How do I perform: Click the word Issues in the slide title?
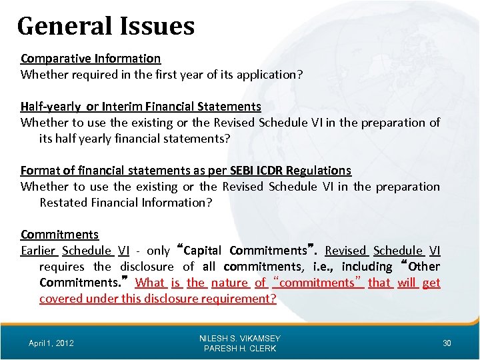point(158,26)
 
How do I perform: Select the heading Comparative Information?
point(91,59)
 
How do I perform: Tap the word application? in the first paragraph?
point(269,75)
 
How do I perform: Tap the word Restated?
point(65,203)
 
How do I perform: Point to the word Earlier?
point(38,251)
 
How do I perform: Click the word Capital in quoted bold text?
point(203,251)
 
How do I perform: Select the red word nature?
point(229,283)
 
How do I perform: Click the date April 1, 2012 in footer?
point(51,343)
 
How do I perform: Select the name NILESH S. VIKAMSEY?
point(240,339)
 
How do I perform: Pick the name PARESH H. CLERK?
point(240,349)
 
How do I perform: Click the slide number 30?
point(447,343)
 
